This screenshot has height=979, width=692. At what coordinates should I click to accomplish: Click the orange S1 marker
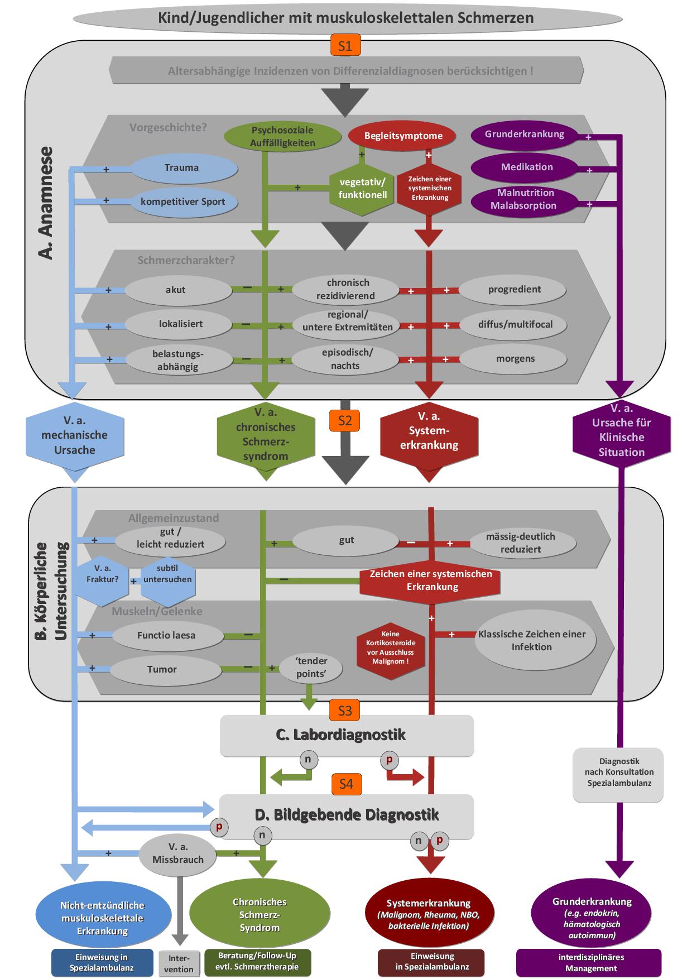(345, 46)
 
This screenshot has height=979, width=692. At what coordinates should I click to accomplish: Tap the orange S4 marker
(346, 784)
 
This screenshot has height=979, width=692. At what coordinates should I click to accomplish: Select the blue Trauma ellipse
(182, 167)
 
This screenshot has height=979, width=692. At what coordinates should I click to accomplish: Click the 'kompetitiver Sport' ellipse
(183, 201)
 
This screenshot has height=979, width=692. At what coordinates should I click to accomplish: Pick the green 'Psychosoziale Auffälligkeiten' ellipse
(282, 137)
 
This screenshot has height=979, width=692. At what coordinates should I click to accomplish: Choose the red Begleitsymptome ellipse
(403, 136)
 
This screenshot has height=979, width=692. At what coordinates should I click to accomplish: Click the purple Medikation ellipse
(527, 167)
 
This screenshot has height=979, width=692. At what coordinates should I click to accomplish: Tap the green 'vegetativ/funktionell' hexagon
(362, 188)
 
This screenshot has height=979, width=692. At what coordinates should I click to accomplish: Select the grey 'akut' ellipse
(176, 290)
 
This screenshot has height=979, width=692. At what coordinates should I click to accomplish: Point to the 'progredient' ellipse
(514, 289)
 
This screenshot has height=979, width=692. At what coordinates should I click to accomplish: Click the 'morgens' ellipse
(515, 358)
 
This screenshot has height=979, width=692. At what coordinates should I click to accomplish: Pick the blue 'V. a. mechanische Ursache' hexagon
(75, 435)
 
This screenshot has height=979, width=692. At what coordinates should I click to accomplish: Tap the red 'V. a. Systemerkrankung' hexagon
(429, 431)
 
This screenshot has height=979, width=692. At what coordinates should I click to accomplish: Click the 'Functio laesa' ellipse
(166, 635)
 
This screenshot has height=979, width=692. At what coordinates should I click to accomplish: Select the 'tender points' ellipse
(311, 668)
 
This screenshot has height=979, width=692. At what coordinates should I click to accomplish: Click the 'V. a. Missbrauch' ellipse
(178, 854)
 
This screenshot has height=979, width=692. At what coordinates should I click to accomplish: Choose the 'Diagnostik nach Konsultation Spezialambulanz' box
(618, 772)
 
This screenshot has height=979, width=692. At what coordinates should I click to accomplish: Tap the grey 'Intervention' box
(179, 964)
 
